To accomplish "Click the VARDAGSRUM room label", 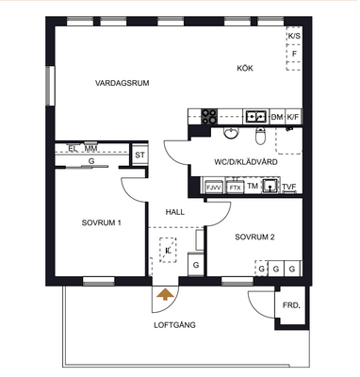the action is point(123,83).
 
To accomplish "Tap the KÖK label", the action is point(245,68).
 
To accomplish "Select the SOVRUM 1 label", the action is point(101,222).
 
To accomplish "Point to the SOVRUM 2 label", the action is point(254,237).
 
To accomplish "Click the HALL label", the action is point(175,212).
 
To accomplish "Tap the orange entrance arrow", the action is point(165,294).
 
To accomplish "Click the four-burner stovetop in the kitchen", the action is point(209,117).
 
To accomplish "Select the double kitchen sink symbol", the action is point(256,117).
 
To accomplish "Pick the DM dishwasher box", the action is point(277,117).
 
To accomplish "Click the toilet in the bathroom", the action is point(260,136).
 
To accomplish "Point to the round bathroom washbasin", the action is point(231,133).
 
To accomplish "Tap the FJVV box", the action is point(214,188).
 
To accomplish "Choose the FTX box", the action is point(236,188).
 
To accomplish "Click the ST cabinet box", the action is point(140,155).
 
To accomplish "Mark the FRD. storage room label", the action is point(291,305).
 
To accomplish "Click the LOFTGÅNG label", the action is point(174,325).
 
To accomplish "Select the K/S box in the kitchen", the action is point(294,36).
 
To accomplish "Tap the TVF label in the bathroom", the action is point(289,187).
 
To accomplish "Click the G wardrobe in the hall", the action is point(196,265).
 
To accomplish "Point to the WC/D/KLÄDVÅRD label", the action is point(246,162).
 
